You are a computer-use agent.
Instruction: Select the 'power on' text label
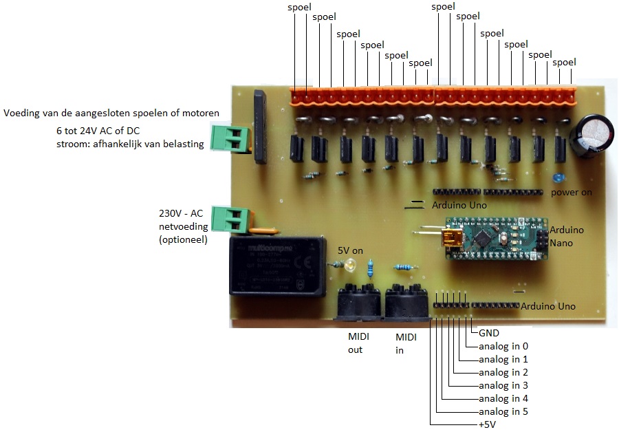[x=571, y=192]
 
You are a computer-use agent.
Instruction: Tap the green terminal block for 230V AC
[x=230, y=219]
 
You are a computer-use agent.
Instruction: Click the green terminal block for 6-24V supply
[x=229, y=138]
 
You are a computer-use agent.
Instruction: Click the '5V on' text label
[x=351, y=250]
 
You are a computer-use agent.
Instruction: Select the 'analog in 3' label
[x=503, y=385]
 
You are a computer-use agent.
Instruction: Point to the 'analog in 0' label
[x=503, y=346]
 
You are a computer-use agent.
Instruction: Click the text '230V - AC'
[x=182, y=215]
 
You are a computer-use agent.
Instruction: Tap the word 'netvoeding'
[x=182, y=228]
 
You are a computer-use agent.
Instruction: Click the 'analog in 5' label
[x=503, y=411]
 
